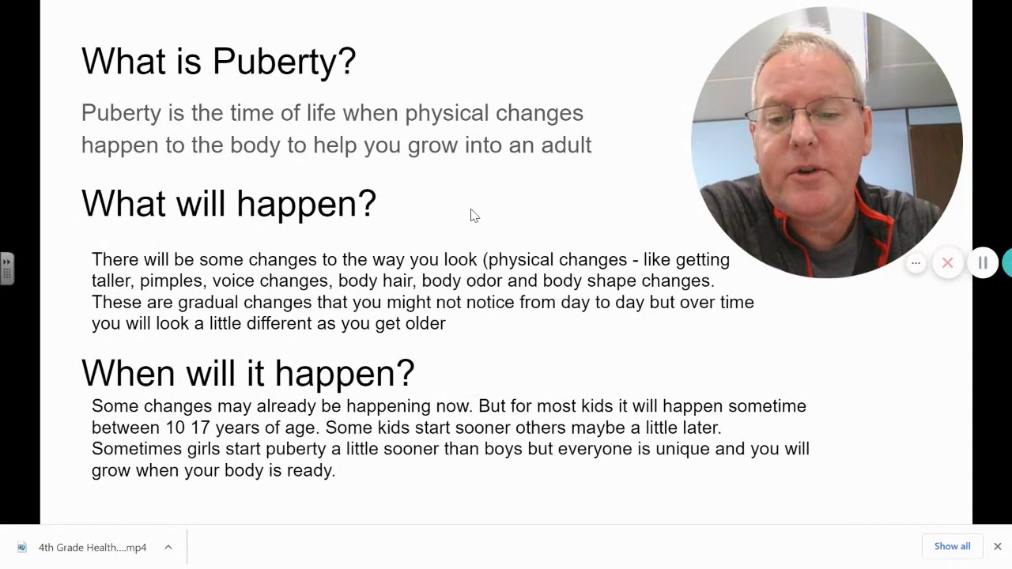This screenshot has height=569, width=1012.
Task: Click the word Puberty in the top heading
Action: (x=284, y=62)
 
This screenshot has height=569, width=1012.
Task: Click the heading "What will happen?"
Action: (x=228, y=204)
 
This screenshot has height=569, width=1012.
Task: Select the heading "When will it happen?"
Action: (x=247, y=373)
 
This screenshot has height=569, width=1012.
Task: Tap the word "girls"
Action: (x=204, y=449)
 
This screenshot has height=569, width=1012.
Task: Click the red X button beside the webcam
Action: (x=947, y=263)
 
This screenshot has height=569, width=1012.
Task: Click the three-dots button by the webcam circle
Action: (x=916, y=263)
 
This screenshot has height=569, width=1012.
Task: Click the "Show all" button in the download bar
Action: (x=952, y=546)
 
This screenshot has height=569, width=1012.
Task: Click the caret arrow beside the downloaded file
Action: (x=168, y=547)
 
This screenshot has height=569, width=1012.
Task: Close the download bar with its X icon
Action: (x=997, y=546)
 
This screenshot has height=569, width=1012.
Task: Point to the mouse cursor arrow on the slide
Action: (x=474, y=216)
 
